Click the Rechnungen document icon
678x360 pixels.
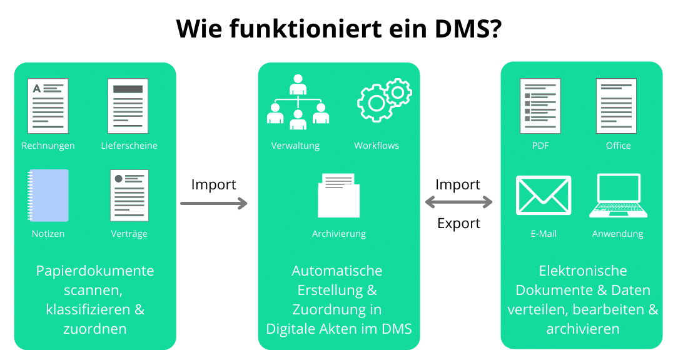48,106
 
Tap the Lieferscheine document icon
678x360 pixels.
128,106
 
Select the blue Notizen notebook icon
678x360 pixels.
48,196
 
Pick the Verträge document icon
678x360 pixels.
129,196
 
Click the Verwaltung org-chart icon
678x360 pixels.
298,102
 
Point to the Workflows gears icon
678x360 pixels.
385,100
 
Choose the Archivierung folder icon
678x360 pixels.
338,196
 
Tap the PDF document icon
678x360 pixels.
540,106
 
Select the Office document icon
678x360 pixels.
616,106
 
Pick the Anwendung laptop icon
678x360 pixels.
619,196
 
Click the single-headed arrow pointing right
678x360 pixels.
214,203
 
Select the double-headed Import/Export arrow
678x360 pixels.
458,202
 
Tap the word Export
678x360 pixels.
458,223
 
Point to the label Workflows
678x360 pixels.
377,146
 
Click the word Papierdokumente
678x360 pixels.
95,271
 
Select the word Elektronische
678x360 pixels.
583,271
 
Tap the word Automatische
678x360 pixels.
337,271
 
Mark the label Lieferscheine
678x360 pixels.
129,146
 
